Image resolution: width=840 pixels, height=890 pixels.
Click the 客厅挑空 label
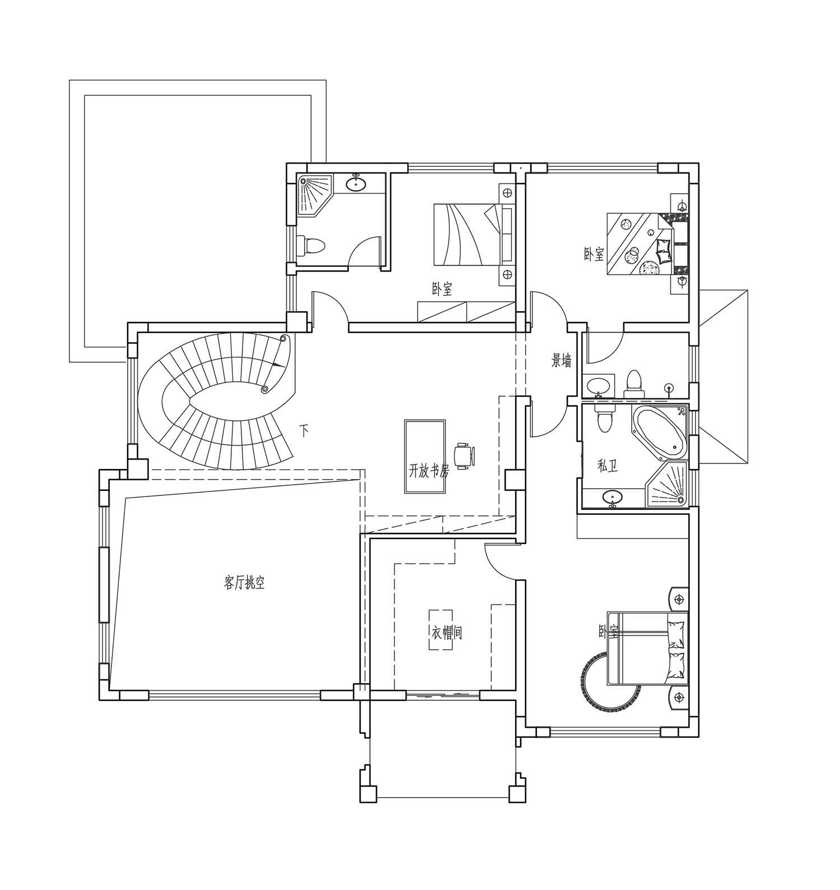pos(244,583)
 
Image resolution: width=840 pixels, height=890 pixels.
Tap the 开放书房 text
pos(430,471)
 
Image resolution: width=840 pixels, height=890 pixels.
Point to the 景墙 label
pos(562,361)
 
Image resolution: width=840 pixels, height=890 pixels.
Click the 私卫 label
pos(608,466)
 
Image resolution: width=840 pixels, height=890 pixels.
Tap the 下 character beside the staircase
pos(304,431)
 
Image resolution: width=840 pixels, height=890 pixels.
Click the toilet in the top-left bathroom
pos(311,245)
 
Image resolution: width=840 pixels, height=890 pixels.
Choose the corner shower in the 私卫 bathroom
pos(667,483)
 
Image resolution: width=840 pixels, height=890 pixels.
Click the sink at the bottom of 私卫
pos(613,496)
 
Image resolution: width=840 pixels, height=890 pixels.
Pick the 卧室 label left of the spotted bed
pos(594,255)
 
